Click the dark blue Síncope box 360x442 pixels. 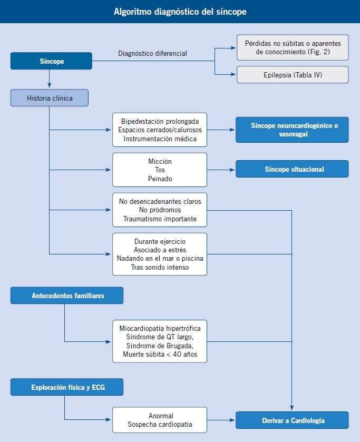pos(51,61)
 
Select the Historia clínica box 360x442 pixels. pos(50,98)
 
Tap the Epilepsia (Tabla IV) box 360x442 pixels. pos(293,75)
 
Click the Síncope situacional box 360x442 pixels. pos(292,169)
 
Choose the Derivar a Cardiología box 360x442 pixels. pos(292,420)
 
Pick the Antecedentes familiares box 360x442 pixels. pos(67,296)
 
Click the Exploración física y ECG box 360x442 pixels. pos(67,387)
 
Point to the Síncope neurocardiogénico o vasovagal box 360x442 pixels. pos(292,130)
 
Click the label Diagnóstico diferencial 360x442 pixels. pos(152,54)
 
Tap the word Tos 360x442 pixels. pos(160,170)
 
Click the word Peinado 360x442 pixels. pos(160,179)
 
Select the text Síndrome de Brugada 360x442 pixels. pos(159,346)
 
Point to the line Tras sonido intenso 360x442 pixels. pos(160,267)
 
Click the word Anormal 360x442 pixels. pos(161,416)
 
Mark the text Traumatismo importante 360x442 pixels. pos(160,219)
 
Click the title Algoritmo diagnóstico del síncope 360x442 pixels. pos(180,12)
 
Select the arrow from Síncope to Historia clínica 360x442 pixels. pos(50,78)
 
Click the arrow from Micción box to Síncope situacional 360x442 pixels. pos(221,170)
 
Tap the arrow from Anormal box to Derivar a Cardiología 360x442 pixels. pos(221,420)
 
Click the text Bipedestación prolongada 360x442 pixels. pos(160,121)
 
